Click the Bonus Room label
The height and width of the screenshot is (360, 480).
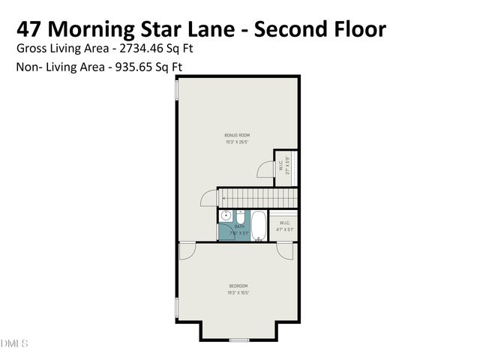point(236,136)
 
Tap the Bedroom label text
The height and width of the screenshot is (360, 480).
point(238,286)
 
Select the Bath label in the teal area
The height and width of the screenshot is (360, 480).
point(239,226)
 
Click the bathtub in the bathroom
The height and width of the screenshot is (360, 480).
point(258,225)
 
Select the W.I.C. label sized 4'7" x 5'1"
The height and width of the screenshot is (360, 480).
point(284,223)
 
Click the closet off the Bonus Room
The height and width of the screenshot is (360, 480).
point(286,166)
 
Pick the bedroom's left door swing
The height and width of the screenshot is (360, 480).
point(187,252)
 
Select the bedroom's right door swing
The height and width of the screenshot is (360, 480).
point(284,251)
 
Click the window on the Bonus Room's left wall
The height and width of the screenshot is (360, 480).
point(177,90)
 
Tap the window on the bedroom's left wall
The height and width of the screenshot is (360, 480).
point(177,307)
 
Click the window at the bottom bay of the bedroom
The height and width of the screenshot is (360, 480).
point(238,340)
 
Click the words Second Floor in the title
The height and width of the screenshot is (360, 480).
point(319,28)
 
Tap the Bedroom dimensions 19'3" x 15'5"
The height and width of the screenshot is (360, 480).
point(238,292)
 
